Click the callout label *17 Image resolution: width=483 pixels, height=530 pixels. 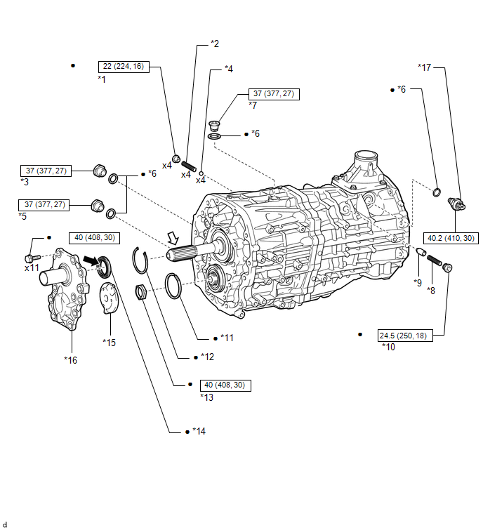point(424,67)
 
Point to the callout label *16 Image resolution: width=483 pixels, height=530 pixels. point(70,360)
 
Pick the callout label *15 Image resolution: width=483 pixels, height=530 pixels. point(109,342)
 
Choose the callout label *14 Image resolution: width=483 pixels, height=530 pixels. point(199,431)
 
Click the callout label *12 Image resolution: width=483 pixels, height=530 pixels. point(206,357)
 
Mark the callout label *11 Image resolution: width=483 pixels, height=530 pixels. point(227,338)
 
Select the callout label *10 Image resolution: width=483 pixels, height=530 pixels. point(388,346)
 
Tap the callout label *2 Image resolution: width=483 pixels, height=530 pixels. point(215,44)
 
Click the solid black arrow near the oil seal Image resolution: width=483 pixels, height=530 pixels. point(90,260)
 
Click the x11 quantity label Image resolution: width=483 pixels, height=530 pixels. point(32,268)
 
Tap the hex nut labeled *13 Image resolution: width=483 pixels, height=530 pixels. point(140,291)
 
